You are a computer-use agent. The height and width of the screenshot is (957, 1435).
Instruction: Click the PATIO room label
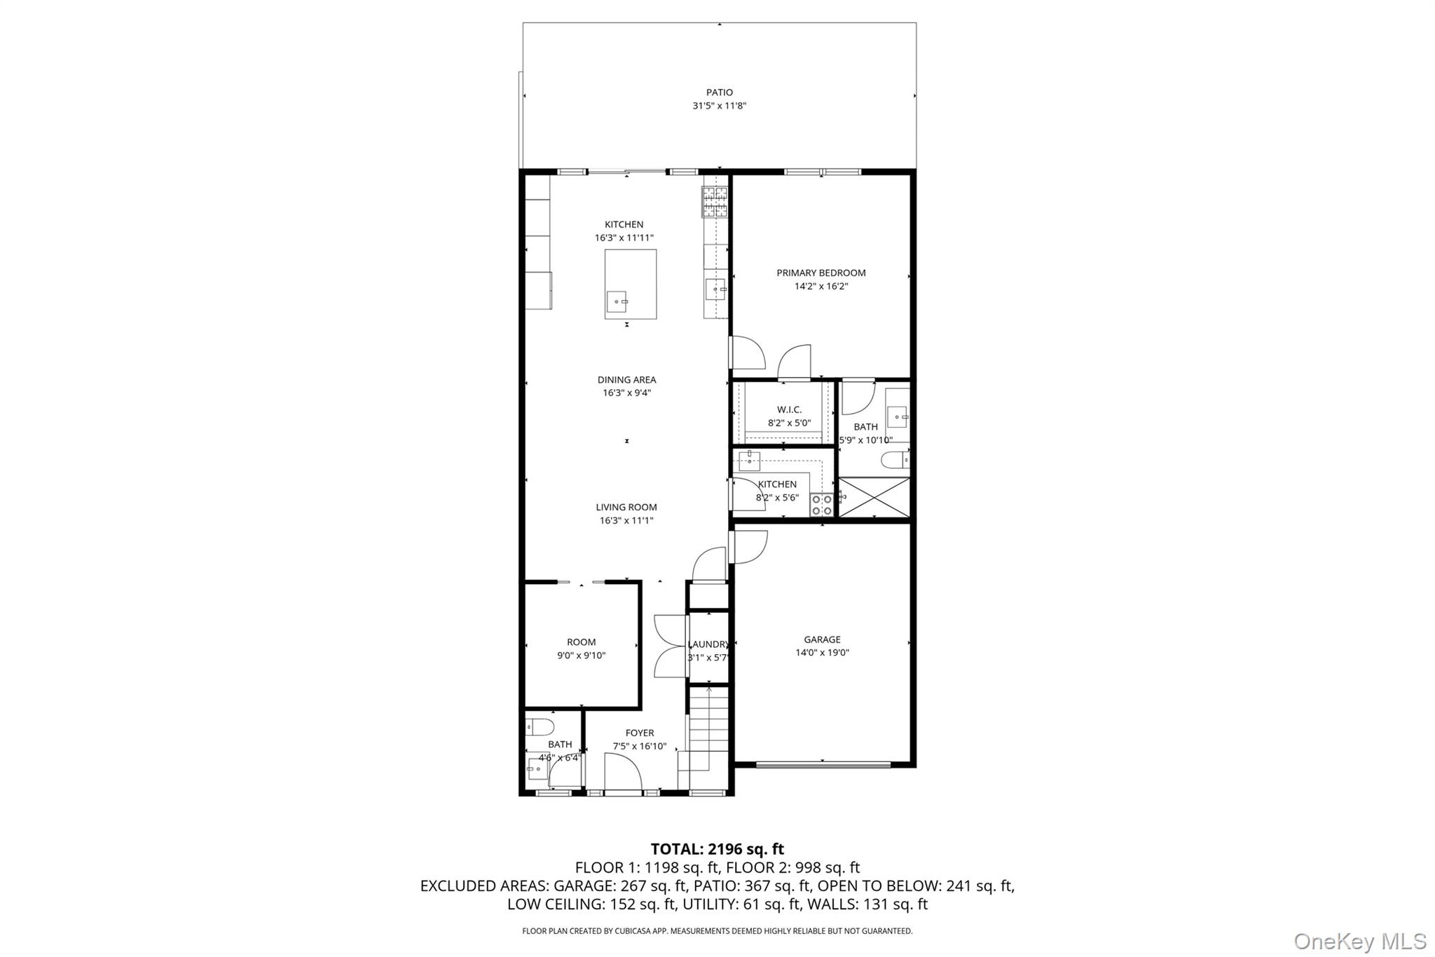(719, 93)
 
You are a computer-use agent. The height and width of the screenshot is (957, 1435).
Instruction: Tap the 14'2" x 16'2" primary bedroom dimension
(821, 286)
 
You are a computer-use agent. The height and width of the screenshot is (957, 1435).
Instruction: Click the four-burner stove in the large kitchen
(715, 203)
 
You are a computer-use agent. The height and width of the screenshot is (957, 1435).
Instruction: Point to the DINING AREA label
(626, 380)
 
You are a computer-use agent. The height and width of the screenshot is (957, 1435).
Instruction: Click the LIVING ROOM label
(626, 507)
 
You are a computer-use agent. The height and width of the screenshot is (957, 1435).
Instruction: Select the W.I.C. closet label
(789, 409)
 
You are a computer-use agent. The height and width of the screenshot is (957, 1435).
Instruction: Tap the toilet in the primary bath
(894, 460)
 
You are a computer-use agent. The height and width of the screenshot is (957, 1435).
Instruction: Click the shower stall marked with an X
(874, 497)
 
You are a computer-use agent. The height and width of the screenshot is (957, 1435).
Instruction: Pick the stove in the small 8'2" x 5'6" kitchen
(821, 505)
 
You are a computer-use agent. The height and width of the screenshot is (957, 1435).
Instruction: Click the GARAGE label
(822, 639)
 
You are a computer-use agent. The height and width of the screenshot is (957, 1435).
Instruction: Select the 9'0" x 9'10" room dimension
(581, 656)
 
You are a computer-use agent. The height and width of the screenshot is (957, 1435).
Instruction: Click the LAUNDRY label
(708, 644)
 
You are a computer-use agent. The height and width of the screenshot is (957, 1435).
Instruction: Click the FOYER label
(639, 733)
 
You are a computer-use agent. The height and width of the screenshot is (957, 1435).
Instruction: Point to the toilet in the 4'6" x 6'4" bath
(540, 726)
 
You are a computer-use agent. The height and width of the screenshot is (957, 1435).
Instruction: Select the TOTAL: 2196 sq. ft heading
(717, 849)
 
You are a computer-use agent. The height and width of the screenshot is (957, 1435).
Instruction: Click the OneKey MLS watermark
(1359, 940)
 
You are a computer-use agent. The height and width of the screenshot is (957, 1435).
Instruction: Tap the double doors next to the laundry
(669, 646)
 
